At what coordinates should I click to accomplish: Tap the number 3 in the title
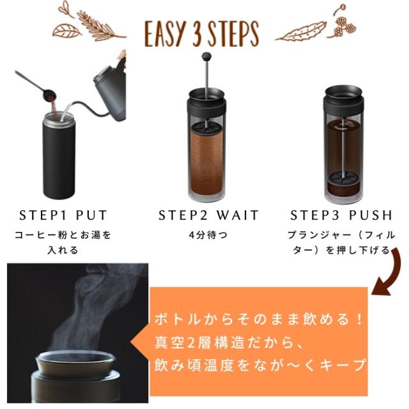(198, 34)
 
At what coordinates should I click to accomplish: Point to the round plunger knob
(206, 56)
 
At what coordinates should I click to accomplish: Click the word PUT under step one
(91, 215)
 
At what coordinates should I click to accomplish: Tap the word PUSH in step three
(371, 215)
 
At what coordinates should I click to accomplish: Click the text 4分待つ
(208, 235)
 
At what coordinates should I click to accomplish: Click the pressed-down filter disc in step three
(343, 178)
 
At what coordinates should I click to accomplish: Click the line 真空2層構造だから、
(229, 343)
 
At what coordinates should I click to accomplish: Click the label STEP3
(315, 215)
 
